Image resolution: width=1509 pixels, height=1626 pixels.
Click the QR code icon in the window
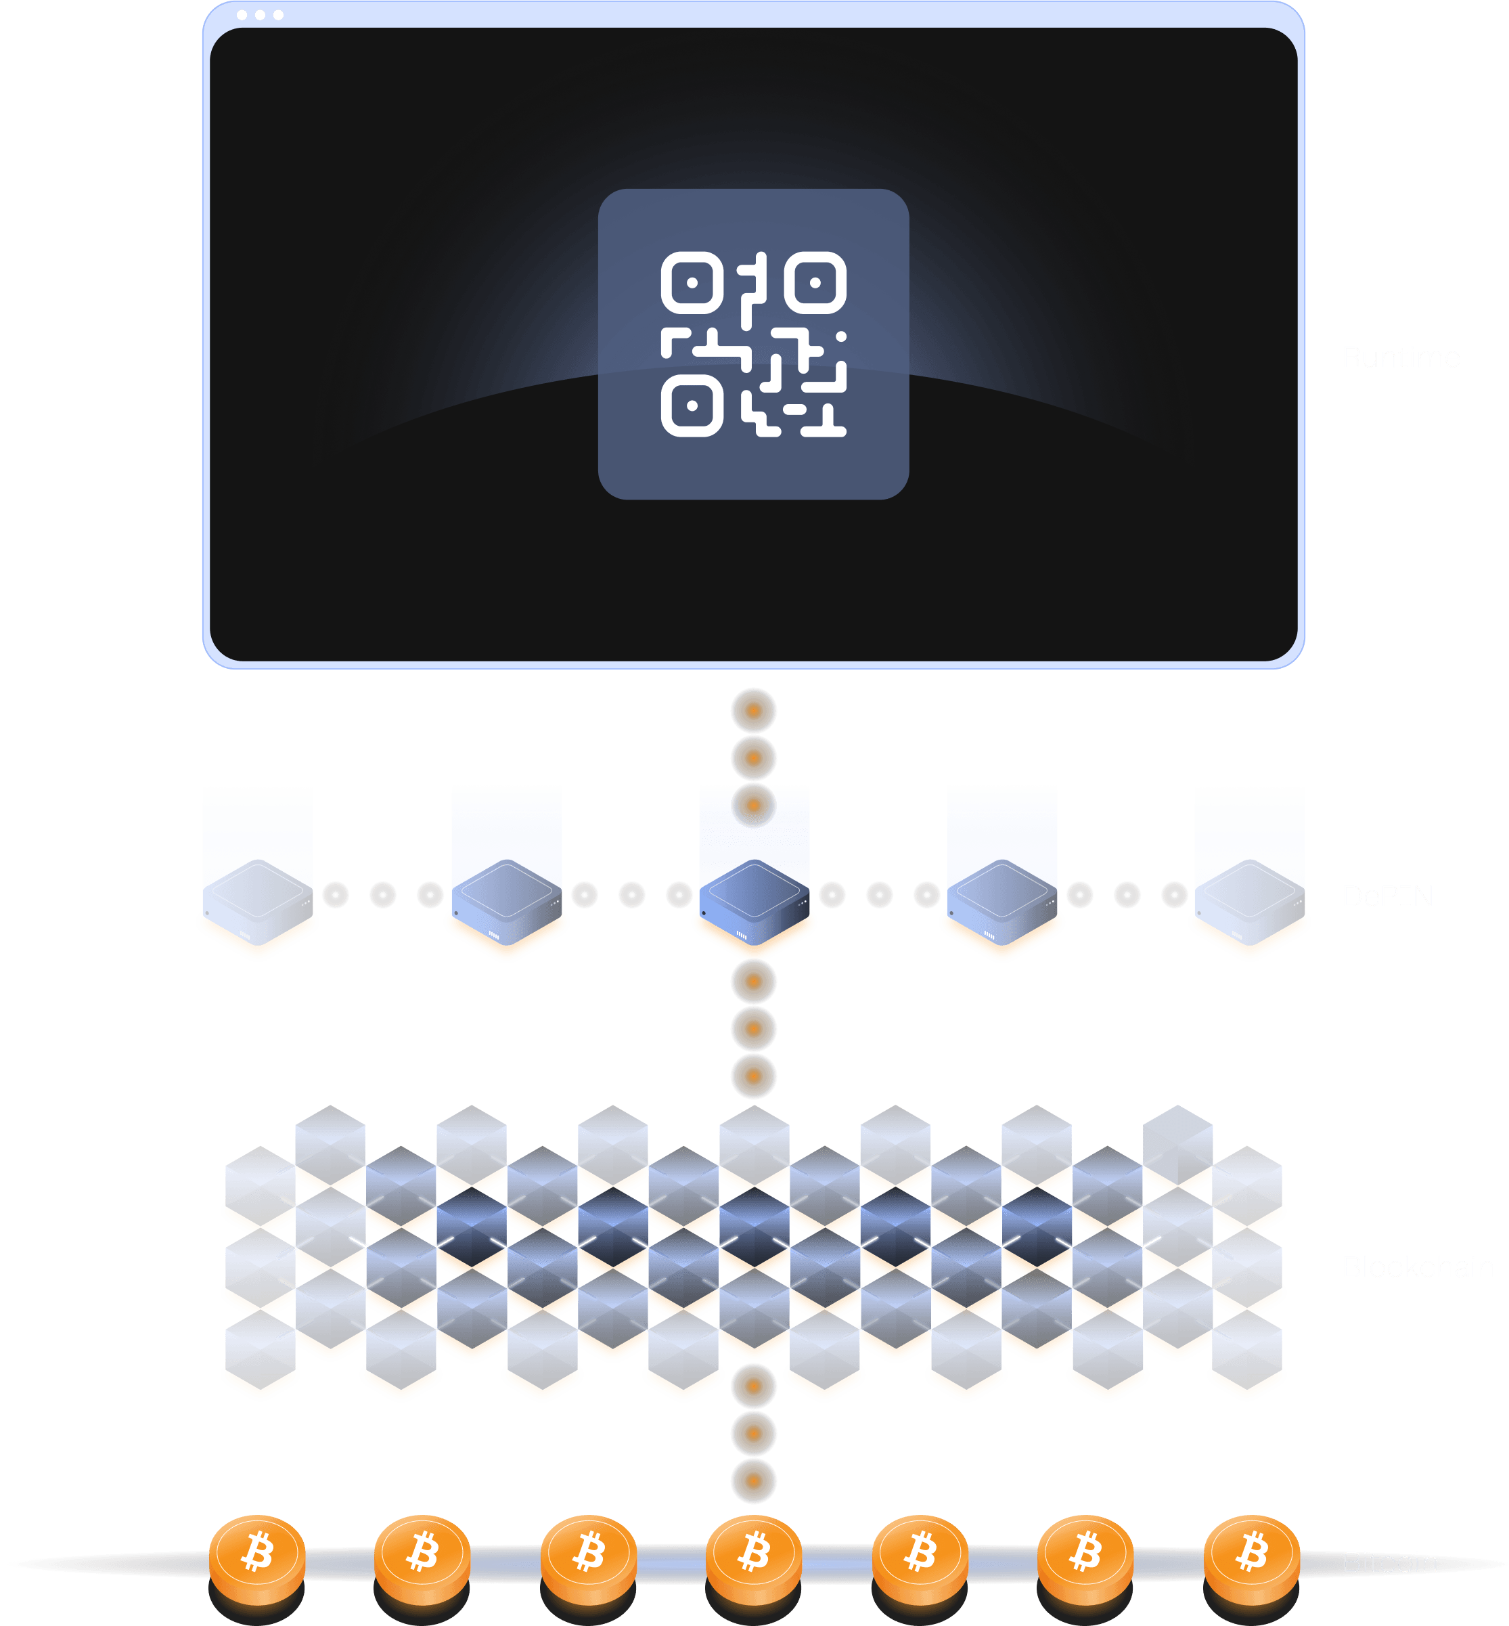[753, 344]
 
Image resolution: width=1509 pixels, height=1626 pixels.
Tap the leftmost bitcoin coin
[257, 1554]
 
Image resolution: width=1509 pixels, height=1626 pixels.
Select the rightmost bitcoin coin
[1251, 1554]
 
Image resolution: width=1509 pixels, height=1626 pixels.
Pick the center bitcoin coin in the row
[754, 1554]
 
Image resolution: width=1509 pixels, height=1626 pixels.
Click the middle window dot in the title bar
[260, 15]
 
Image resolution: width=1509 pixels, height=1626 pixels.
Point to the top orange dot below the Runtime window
[754, 711]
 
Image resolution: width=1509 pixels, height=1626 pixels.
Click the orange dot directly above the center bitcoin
[754, 1480]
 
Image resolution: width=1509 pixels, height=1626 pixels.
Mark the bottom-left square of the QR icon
[692, 406]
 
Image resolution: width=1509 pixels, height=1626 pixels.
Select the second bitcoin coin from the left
[422, 1554]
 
